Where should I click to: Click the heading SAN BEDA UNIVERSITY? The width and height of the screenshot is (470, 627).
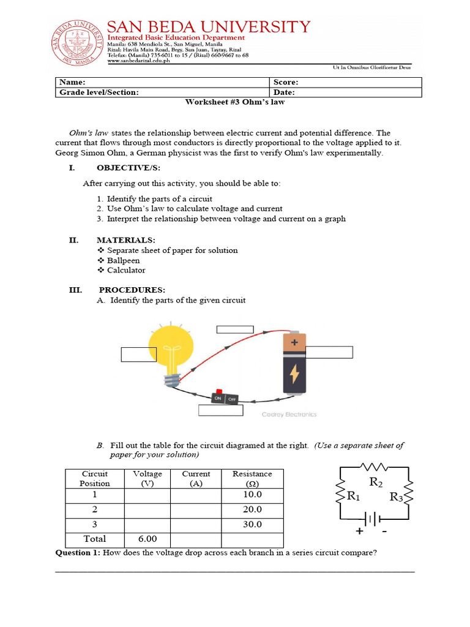[209, 27]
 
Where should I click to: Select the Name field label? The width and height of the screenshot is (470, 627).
[72, 82]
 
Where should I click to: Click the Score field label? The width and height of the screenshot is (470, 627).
[286, 82]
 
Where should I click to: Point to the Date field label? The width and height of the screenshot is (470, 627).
[285, 92]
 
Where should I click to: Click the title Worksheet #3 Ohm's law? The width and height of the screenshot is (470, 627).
[235, 102]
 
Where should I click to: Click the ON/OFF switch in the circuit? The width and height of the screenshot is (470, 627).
[224, 398]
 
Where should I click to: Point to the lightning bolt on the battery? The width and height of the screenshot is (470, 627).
[294, 372]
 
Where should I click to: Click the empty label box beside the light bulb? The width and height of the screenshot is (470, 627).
[139, 355]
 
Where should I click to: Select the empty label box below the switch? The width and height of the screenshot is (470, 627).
[221, 410]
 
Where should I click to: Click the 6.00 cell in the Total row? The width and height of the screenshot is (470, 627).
[147, 539]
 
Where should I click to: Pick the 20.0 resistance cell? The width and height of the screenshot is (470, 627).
[252, 509]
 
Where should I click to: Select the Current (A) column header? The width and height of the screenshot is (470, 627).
[196, 478]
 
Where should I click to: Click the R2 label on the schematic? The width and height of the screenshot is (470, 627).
[376, 483]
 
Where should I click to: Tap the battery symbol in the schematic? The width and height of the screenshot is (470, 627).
[372, 519]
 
